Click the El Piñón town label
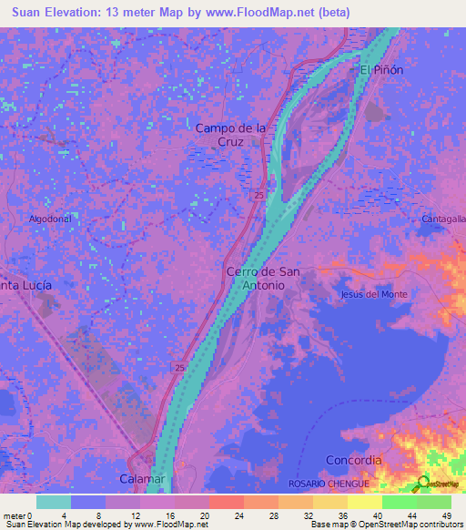click(x=380, y=70)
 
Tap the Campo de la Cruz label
click(x=231, y=136)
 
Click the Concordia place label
click(x=354, y=461)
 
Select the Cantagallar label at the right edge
click(x=443, y=219)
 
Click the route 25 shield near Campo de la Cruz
click(x=259, y=196)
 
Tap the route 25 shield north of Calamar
click(x=179, y=366)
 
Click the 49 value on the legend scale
click(x=446, y=515)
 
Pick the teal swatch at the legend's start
click(x=54, y=502)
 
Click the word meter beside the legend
click(x=14, y=515)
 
